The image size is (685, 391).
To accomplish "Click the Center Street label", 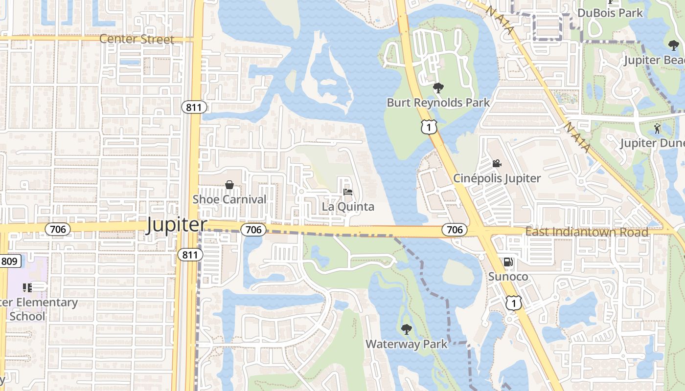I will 137,39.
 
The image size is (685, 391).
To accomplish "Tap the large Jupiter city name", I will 177,225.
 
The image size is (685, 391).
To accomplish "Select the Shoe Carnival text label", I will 229,199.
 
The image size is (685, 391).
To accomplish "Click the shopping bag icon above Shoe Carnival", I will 229,185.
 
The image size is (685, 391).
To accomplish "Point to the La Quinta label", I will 348,207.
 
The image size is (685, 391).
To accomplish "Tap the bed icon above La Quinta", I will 348,192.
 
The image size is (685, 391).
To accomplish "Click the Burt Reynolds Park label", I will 438,103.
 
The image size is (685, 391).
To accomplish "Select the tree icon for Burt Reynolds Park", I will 438,88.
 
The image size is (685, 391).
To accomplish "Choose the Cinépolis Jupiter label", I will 497,178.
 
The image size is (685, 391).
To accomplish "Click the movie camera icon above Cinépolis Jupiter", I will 497,163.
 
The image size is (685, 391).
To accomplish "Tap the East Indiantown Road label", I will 587,232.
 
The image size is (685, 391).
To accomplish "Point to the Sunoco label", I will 508,277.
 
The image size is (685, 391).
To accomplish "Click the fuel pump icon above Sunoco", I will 508,262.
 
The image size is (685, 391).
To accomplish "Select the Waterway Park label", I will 406,344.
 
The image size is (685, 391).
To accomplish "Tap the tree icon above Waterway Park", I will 406,329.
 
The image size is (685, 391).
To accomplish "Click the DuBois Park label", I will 610,13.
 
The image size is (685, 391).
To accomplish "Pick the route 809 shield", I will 9,261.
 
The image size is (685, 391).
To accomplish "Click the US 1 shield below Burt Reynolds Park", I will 428,127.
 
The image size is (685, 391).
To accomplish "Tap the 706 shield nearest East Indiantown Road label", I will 455,229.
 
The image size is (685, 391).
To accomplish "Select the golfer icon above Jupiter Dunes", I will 657,129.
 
